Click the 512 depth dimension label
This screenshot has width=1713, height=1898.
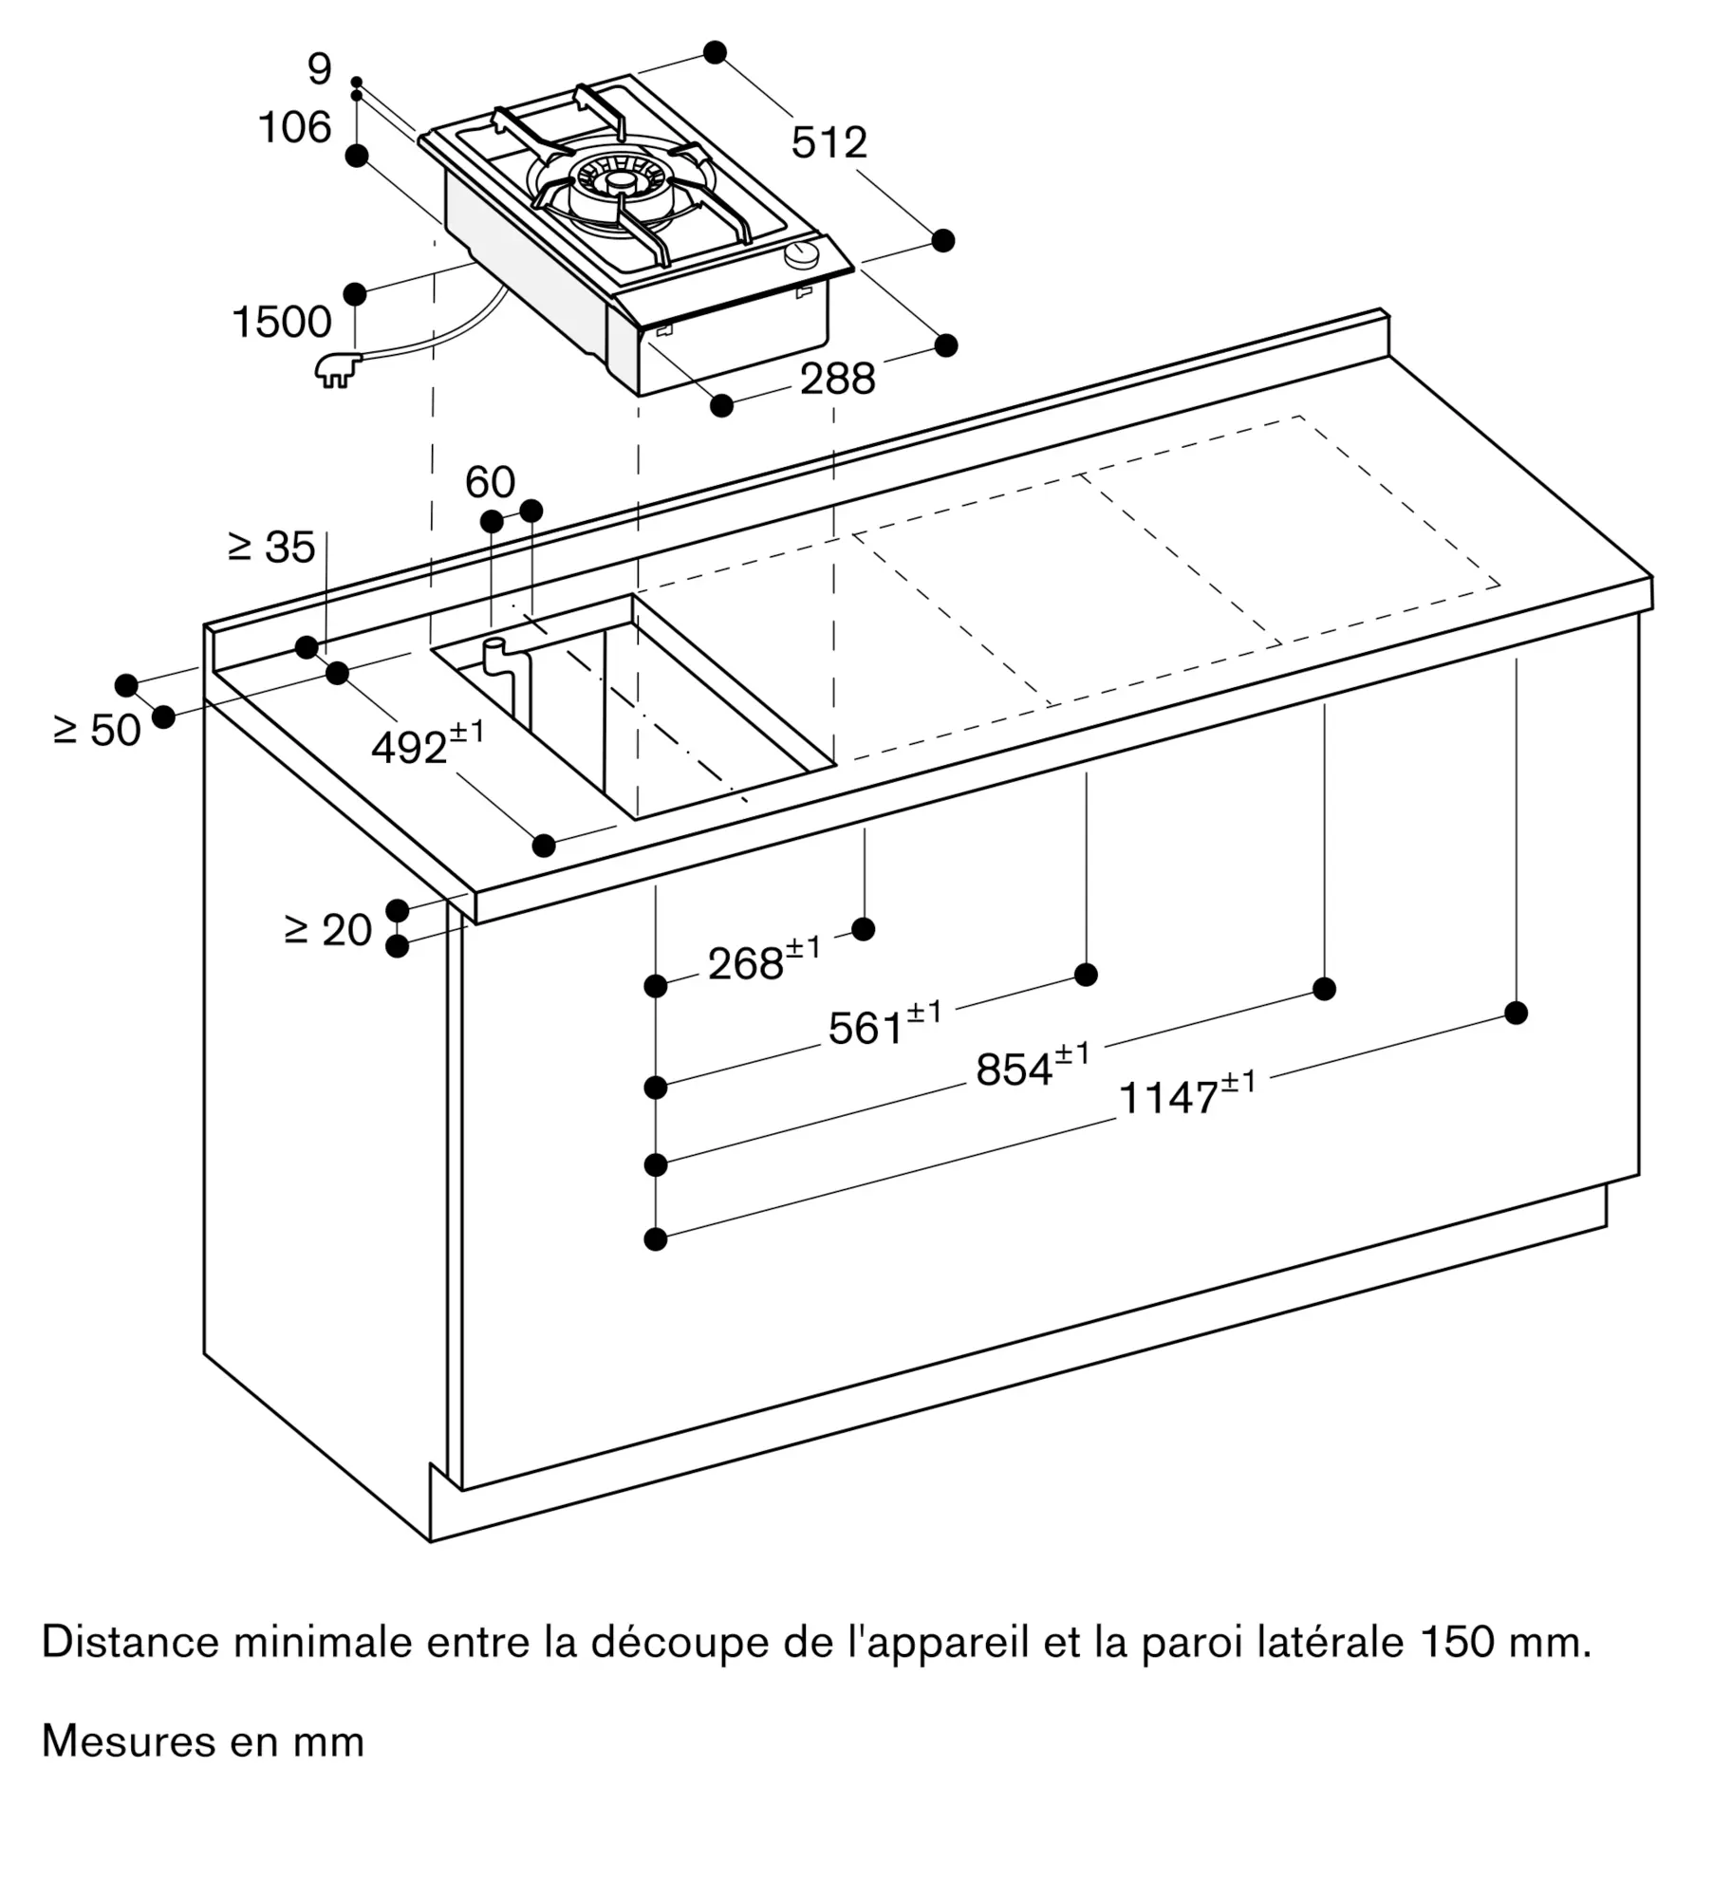(x=829, y=142)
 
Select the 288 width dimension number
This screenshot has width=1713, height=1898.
(x=837, y=380)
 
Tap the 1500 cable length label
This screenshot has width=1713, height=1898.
(x=282, y=323)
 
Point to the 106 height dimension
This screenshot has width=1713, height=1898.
(x=294, y=128)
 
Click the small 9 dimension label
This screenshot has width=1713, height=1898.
(x=320, y=69)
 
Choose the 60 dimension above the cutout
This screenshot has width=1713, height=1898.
(x=490, y=483)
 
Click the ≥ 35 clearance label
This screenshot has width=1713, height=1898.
(x=271, y=548)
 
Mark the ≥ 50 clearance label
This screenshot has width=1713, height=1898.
(x=97, y=731)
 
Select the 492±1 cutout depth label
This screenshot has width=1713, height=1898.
(x=426, y=746)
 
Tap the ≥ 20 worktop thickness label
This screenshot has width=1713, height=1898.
(x=327, y=930)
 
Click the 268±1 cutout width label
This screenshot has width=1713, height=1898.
(x=763, y=962)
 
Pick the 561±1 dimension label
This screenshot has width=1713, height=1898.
(x=884, y=1026)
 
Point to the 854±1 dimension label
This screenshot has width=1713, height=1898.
(x=1032, y=1068)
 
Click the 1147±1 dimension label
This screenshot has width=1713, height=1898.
(x=1186, y=1095)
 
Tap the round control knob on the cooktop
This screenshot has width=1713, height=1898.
(x=804, y=254)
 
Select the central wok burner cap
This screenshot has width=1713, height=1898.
(x=621, y=180)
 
